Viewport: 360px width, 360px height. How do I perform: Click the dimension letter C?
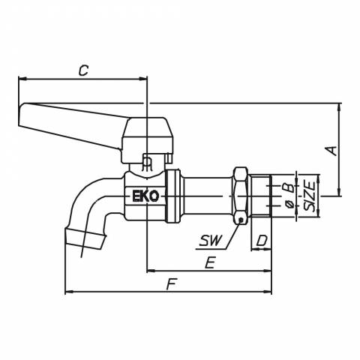pyautogui.click(x=83, y=70)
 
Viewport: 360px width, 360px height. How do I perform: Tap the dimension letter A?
pyautogui.click(x=331, y=151)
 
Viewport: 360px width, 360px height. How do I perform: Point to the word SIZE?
pyautogui.click(x=309, y=196)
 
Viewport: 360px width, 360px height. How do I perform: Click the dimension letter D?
pyautogui.click(x=262, y=241)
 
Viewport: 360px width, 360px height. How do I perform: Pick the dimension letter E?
pyautogui.click(x=210, y=263)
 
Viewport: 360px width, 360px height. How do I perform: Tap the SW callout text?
pyautogui.click(x=211, y=241)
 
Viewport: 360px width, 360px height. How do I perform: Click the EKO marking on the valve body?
pyautogui.click(x=145, y=196)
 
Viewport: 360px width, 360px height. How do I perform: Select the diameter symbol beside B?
pyautogui.click(x=289, y=205)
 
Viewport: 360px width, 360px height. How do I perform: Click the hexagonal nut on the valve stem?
pyautogui.click(x=241, y=196)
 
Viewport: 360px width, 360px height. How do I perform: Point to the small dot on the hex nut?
pyautogui.click(x=240, y=220)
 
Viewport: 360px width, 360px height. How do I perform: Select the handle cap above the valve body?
pyautogui.click(x=147, y=140)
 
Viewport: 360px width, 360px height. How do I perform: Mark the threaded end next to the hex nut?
pyautogui.click(x=261, y=196)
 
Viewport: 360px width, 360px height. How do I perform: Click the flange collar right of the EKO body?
pyautogui.click(x=173, y=196)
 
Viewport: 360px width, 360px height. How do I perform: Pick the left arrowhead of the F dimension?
pyautogui.click(x=68, y=292)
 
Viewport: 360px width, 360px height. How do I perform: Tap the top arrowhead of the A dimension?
pyautogui.click(x=339, y=106)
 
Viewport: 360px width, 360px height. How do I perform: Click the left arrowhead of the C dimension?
pyautogui.click(x=22, y=79)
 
